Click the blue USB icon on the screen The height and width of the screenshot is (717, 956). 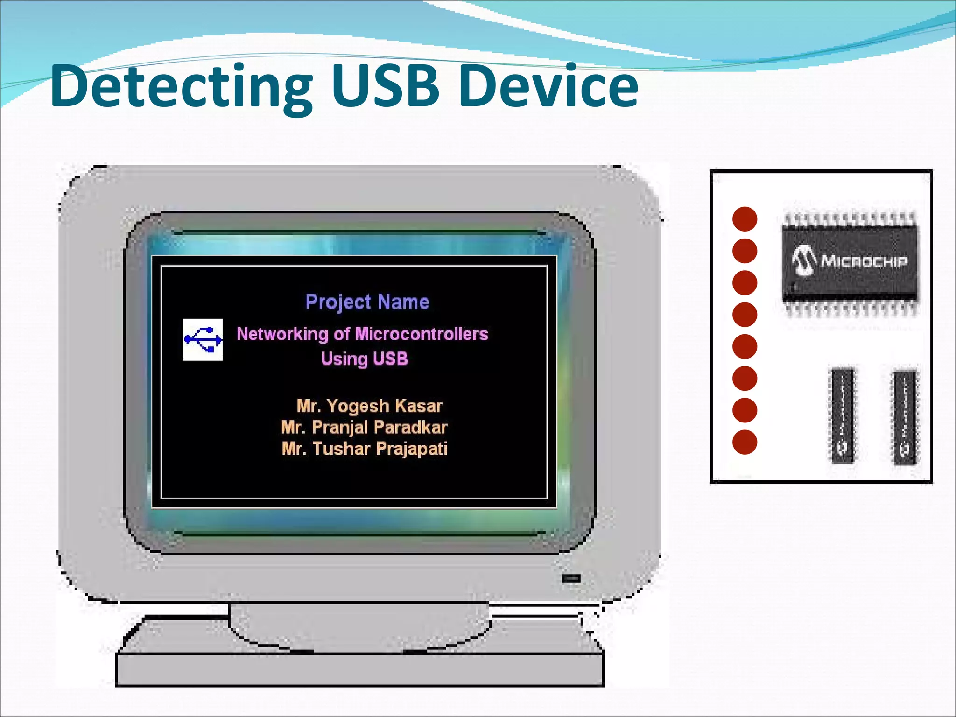click(x=203, y=340)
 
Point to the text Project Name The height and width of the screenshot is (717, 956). click(x=367, y=302)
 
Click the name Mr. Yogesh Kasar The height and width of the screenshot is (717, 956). click(x=369, y=406)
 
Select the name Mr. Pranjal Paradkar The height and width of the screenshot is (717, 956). click(x=364, y=427)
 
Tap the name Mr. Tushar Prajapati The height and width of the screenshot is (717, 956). click(x=365, y=449)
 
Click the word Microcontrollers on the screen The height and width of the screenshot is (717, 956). click(x=422, y=334)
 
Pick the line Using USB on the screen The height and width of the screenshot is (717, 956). click(x=364, y=358)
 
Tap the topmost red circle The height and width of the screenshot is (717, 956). click(x=745, y=219)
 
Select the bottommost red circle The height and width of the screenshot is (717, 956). click(x=745, y=442)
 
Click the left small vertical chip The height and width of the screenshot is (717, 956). click(x=842, y=415)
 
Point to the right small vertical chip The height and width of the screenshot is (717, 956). click(x=904, y=417)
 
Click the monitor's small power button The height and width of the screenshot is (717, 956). click(x=571, y=579)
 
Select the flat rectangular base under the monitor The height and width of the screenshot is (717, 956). click(x=359, y=668)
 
